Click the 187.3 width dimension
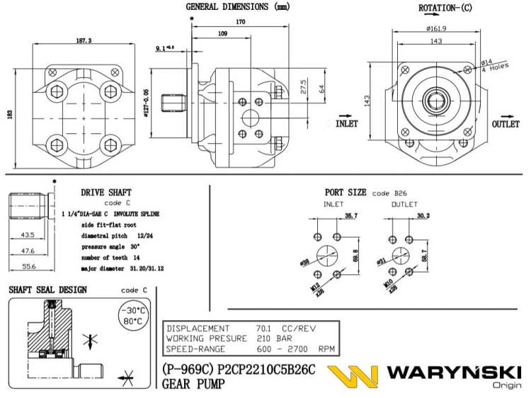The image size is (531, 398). pos(85,41)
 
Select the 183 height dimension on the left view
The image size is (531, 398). pos(9,115)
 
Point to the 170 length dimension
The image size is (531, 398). pos(241,23)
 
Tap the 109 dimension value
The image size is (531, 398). pos(222,34)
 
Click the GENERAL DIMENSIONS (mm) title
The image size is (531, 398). pos(238,6)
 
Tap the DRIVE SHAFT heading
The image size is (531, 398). pos(106,192)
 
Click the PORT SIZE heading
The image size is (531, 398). pos(346,192)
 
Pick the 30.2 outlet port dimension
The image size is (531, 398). pos(423,215)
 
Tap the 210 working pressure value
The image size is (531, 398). pos(263,339)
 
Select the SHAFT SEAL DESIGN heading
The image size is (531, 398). pos(47,290)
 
